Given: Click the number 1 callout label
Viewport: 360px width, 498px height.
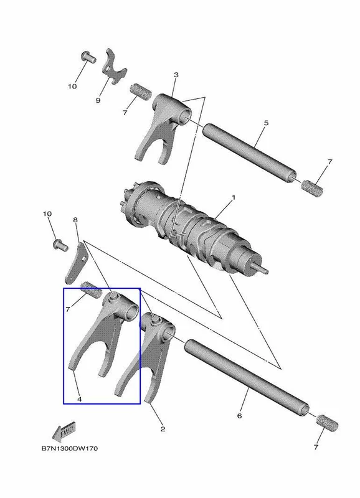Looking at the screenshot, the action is [234, 197].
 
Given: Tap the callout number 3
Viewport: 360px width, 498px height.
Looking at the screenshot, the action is [176, 75].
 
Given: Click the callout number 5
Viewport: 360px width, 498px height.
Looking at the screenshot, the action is [267, 123].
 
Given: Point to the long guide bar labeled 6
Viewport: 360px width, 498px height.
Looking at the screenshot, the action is [247, 378].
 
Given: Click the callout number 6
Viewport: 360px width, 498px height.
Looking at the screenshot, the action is [240, 415].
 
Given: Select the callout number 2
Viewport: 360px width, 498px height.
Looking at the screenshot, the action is [163, 429].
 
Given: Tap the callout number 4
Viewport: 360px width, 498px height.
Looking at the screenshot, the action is [80, 399].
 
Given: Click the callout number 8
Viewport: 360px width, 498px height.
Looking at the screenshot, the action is [75, 220].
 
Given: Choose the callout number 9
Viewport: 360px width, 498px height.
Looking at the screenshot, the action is [98, 100].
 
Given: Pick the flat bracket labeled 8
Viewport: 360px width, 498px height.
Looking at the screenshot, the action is [75, 263].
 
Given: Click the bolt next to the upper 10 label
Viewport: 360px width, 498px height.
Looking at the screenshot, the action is [88, 57].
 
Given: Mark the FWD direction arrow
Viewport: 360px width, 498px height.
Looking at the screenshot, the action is [64, 431].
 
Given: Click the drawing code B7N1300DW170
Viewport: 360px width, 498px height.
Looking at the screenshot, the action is [70, 448].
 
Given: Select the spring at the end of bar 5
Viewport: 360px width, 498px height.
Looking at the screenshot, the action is [312, 188].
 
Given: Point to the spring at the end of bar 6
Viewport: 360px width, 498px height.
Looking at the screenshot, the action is [327, 423].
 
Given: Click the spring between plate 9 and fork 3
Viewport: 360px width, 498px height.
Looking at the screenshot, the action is [141, 90].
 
